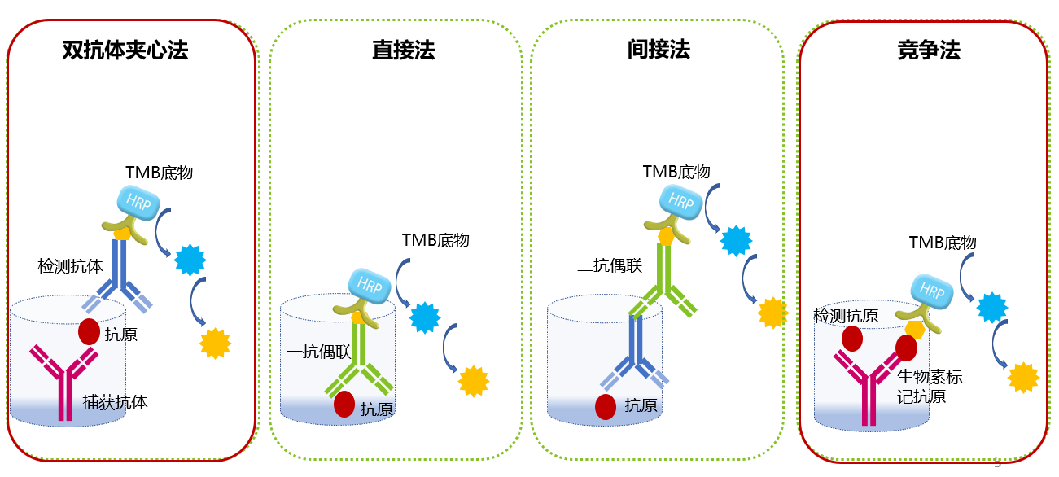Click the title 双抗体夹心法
[x=125, y=50]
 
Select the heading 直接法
[x=403, y=50]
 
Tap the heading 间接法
[x=659, y=49]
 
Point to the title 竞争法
[x=929, y=50]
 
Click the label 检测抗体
[x=71, y=266]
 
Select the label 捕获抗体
[x=115, y=402]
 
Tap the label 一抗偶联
[x=318, y=352]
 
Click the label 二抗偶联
[x=610, y=265]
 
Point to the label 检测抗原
[x=846, y=316]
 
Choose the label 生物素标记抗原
[x=930, y=387]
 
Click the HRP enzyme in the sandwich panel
[x=138, y=203]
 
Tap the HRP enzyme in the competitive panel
[x=932, y=291]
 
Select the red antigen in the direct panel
[x=344, y=405]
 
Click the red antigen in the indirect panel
[x=606, y=407]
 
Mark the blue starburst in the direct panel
[x=425, y=317]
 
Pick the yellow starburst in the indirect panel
[x=772, y=313]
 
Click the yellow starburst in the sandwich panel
[x=215, y=344]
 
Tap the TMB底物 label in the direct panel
[x=435, y=240]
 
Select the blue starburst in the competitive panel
[x=992, y=308]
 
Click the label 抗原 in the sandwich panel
[x=121, y=335]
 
